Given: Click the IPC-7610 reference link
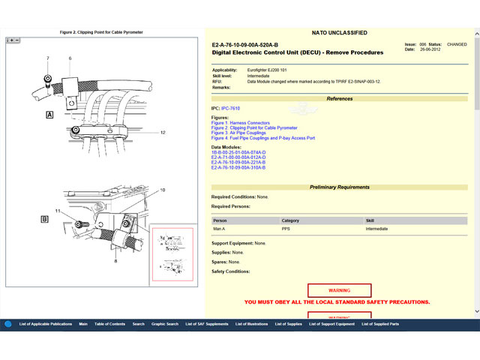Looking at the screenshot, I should click(x=230, y=108).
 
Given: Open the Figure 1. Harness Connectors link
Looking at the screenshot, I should click(x=240, y=123).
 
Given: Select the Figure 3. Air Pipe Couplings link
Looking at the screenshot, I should click(x=238, y=133).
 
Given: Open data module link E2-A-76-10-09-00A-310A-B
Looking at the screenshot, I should click(x=238, y=167).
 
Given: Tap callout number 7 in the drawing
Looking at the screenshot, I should click(x=47, y=58).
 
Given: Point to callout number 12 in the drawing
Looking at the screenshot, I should click(x=162, y=132).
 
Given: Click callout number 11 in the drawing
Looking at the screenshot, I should click(x=58, y=211).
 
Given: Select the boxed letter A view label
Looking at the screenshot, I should click(x=49, y=115).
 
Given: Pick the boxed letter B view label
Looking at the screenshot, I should click(x=45, y=219).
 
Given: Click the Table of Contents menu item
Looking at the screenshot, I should click(x=109, y=324).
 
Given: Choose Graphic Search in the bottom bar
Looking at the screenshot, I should click(x=165, y=324).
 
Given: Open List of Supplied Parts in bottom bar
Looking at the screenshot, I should click(x=380, y=324).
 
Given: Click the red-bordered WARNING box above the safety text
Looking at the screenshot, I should click(x=339, y=290).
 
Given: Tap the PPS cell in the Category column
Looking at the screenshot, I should click(x=286, y=229).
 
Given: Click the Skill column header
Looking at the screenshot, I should click(x=370, y=220).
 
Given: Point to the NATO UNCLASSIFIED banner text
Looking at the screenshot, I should click(x=339, y=33).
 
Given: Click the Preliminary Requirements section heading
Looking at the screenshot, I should click(x=339, y=187).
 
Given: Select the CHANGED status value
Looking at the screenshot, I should click(x=457, y=44).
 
